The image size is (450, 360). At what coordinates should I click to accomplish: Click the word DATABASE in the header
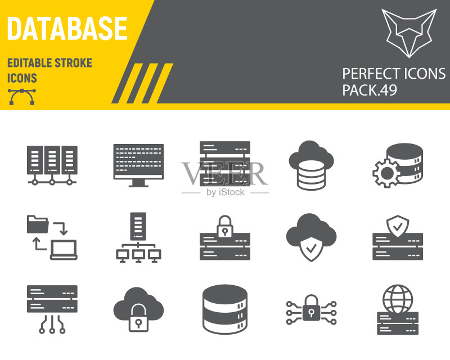[67, 29]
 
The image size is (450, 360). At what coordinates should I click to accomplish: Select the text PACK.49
[370, 90]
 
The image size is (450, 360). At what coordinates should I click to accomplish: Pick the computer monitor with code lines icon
[138, 165]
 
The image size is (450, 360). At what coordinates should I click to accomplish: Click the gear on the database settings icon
[386, 173]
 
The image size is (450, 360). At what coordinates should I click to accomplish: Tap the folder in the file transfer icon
[38, 224]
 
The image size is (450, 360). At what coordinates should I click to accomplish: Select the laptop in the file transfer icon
[64, 250]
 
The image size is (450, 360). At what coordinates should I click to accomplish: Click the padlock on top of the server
[224, 227]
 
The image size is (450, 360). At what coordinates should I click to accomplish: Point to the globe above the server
[398, 299]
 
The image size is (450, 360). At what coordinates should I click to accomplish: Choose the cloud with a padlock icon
[138, 309]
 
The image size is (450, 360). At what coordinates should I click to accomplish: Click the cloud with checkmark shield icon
[311, 237]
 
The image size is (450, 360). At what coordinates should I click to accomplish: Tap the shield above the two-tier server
[398, 226]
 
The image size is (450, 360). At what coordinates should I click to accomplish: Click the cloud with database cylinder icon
[311, 165]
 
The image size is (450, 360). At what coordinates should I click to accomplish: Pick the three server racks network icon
[52, 165]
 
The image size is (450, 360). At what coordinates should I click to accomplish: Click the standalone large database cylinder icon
[224, 309]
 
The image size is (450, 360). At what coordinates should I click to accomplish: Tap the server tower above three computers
[138, 226]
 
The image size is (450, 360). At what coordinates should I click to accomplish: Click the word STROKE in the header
[74, 63]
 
